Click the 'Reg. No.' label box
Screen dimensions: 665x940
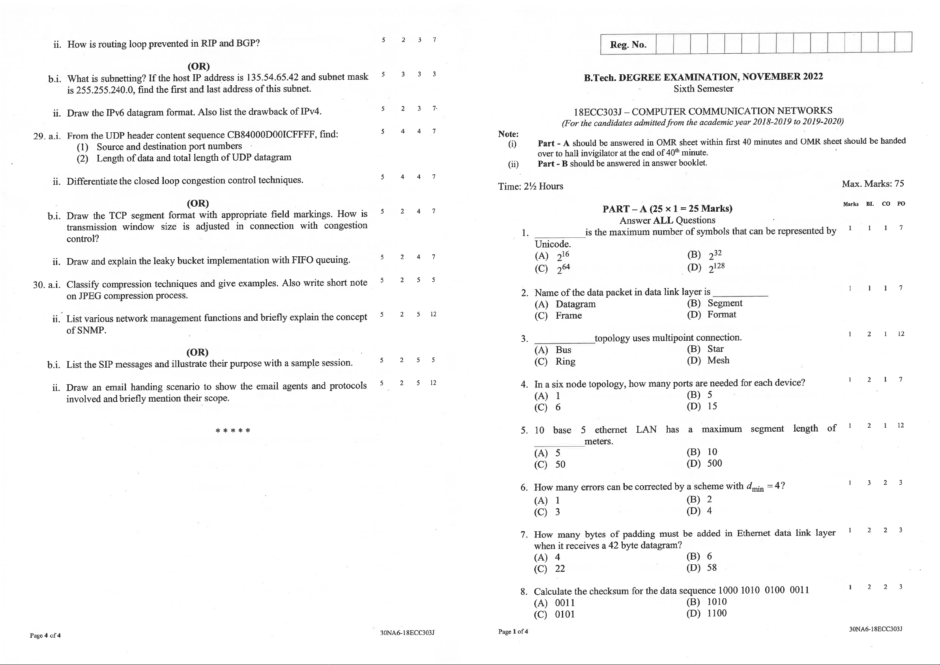(x=628, y=45)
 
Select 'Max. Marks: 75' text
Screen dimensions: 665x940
(x=873, y=184)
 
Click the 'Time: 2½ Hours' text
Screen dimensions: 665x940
(x=530, y=186)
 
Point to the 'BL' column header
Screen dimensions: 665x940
(x=870, y=204)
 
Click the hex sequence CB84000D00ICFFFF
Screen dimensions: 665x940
(x=272, y=134)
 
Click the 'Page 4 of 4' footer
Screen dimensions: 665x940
(x=45, y=635)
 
